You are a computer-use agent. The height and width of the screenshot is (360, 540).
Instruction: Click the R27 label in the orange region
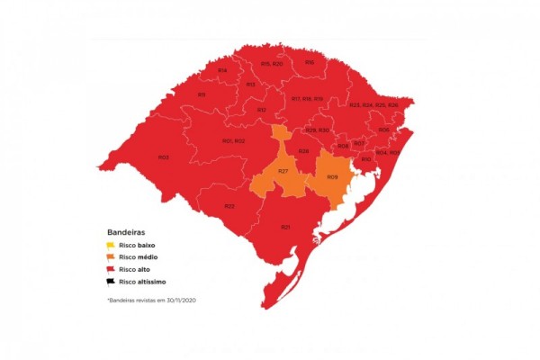[x=283, y=171]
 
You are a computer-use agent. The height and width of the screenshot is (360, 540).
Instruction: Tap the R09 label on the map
[x=332, y=176]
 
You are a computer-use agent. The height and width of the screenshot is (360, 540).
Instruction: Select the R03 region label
[x=164, y=157]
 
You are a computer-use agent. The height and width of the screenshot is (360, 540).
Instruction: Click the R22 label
[x=229, y=206]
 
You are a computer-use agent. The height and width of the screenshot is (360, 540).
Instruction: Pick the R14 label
[x=222, y=70]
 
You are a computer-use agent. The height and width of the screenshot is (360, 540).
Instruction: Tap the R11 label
[x=202, y=94]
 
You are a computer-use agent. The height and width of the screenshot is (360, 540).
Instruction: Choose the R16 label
[x=309, y=62]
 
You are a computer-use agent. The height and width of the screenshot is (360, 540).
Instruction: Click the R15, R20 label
[x=272, y=64]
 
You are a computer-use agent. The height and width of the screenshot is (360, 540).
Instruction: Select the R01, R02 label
[x=233, y=140]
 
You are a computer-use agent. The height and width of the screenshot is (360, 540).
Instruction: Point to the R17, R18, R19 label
[x=306, y=98]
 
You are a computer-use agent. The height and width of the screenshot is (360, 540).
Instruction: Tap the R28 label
[x=304, y=150]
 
